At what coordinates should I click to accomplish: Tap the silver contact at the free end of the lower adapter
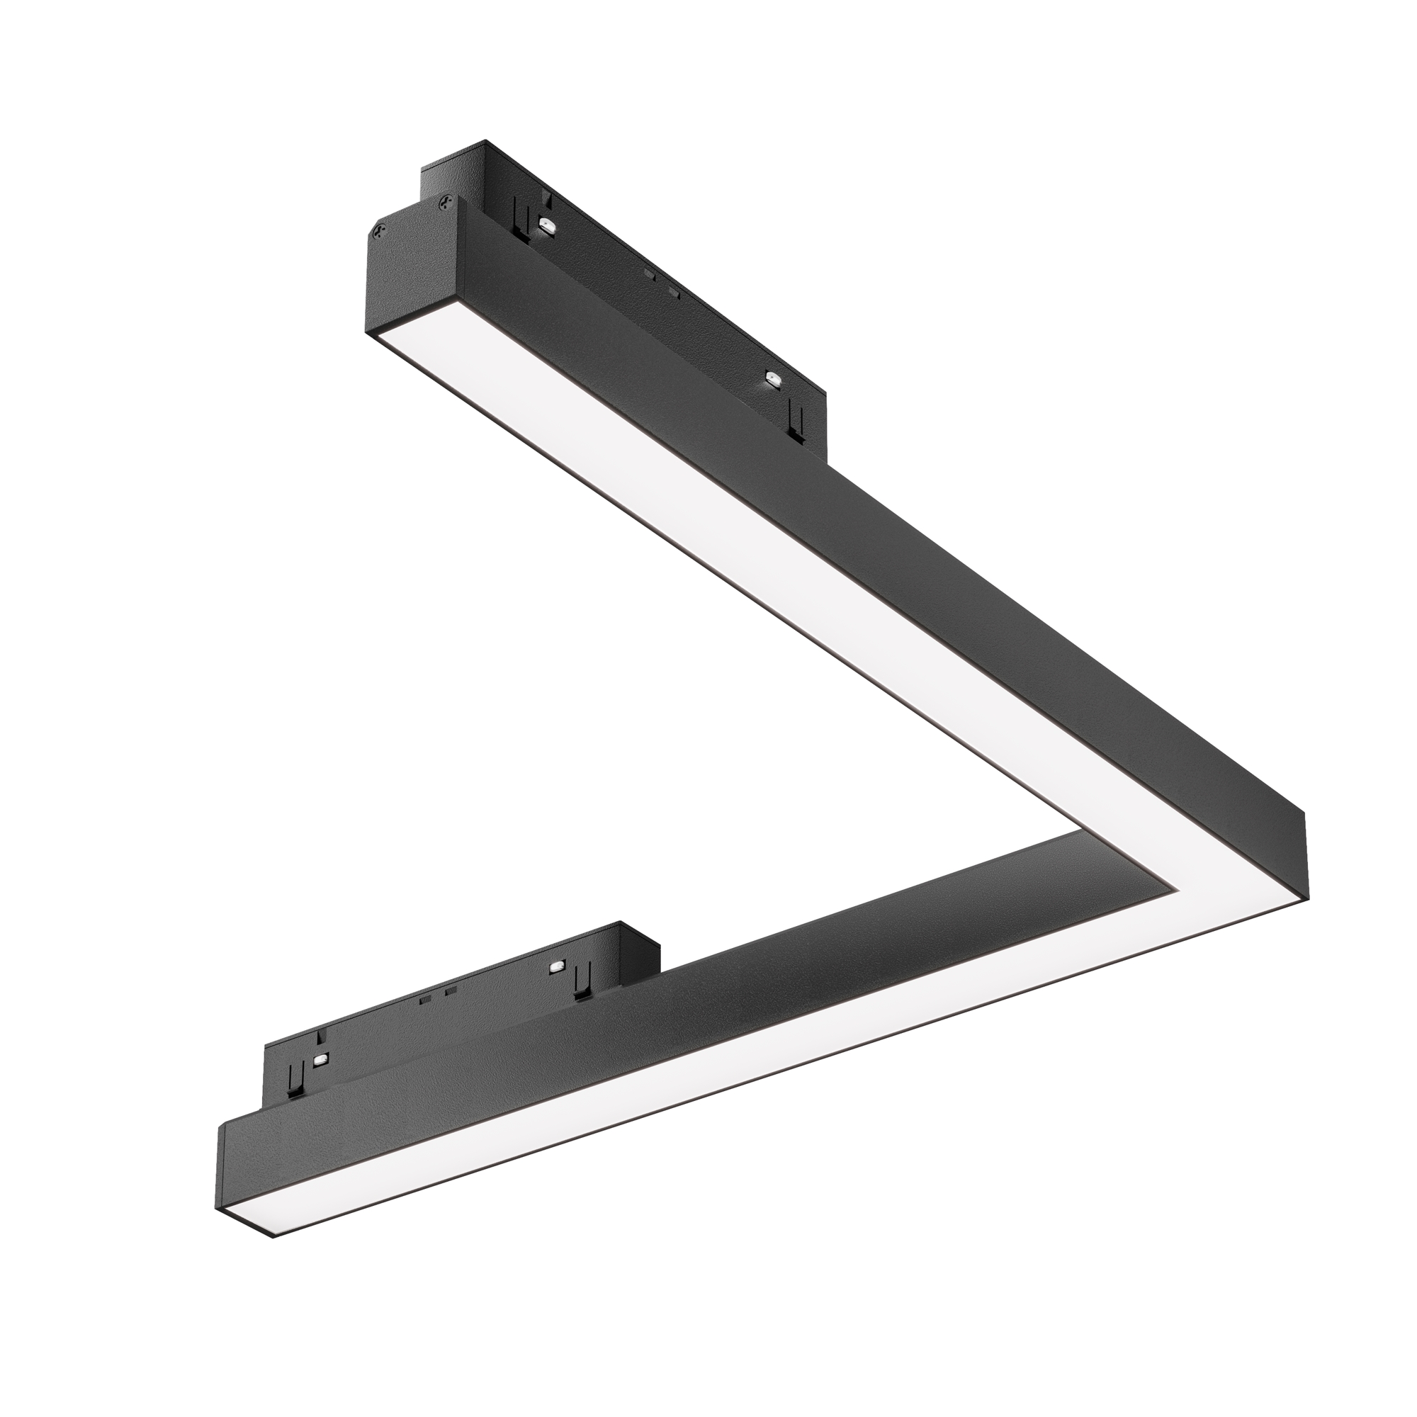pyautogui.click(x=320, y=1061)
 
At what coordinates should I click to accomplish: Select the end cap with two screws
pyautogui.click(x=411, y=271)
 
